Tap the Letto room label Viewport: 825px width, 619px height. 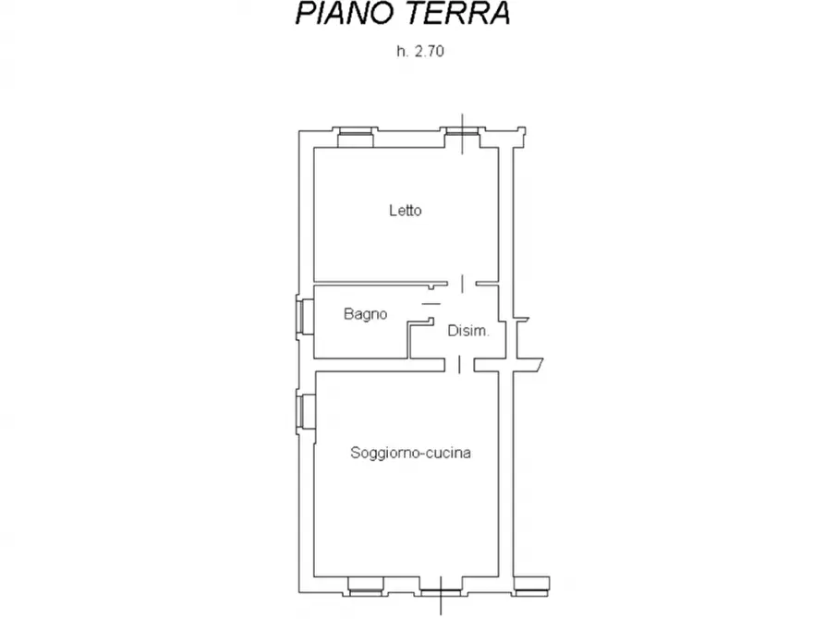405,211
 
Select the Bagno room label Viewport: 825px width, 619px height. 365,314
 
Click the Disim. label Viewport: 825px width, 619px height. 467,332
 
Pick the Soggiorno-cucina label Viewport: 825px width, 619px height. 411,453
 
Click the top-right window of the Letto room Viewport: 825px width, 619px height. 461,136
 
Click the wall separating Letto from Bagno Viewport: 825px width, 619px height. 370,283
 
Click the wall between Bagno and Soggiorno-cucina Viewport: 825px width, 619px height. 360,363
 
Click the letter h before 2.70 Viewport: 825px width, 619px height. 401,52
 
